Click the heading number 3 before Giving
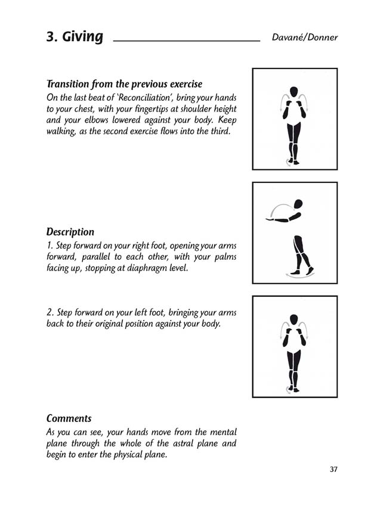(51, 37)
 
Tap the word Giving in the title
(82, 38)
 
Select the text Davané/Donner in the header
(304, 38)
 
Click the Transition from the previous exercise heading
(124, 84)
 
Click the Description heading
(70, 232)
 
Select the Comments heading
(69, 418)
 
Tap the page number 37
(333, 469)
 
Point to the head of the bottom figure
(293, 319)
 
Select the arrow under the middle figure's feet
(300, 275)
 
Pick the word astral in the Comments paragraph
(172, 443)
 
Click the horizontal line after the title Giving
(186, 41)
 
